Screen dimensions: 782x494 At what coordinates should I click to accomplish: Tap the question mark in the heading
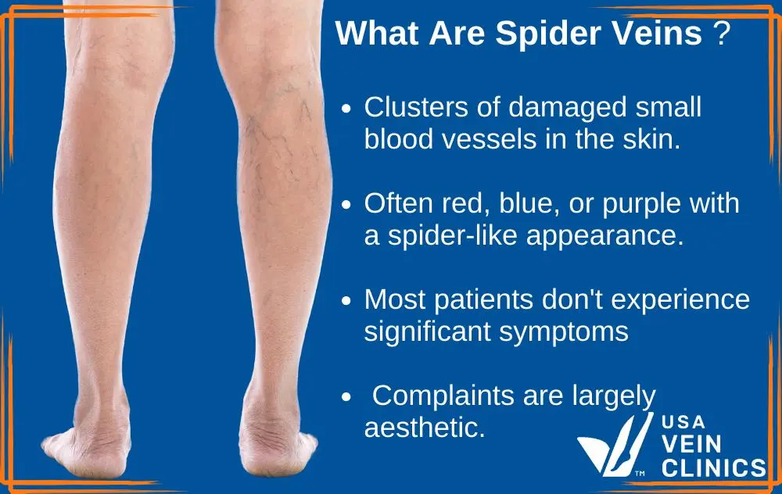point(722,33)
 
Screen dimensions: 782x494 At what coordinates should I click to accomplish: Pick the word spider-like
point(452,236)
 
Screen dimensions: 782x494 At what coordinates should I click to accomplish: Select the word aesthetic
point(425,428)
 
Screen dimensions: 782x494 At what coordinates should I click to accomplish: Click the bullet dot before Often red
point(346,204)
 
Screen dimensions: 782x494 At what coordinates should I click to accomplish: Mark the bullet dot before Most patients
point(346,301)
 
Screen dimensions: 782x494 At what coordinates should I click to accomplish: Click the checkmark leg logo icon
point(615,445)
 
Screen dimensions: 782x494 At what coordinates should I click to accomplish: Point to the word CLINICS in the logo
point(714,468)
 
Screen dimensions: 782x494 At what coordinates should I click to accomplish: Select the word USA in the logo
point(683,422)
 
